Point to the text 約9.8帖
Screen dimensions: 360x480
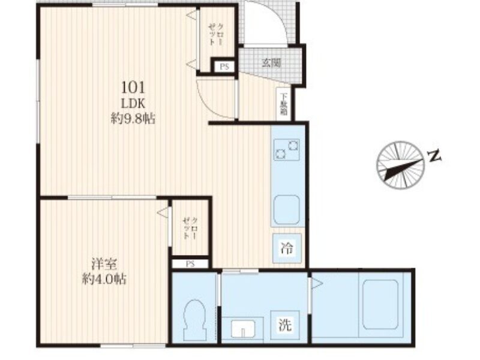pos(133,119)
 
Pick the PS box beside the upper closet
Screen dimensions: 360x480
pos(224,67)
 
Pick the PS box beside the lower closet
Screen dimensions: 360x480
pos(190,263)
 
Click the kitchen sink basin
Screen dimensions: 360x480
pos(286,209)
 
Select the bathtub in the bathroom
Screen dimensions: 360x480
pos(380,304)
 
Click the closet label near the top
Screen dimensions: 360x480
pos(217,35)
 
